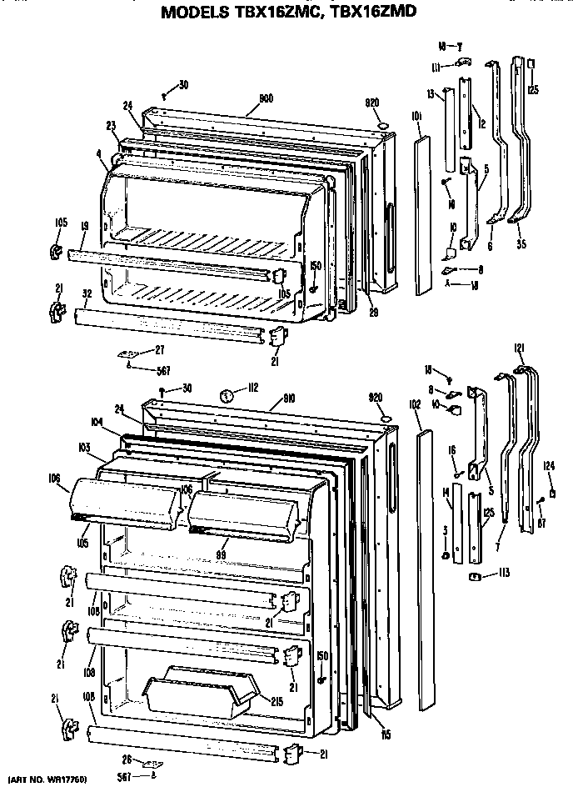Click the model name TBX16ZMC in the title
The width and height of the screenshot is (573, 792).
click(268, 12)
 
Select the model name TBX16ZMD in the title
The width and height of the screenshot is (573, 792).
click(372, 12)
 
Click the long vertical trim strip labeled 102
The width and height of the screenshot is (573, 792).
click(426, 567)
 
